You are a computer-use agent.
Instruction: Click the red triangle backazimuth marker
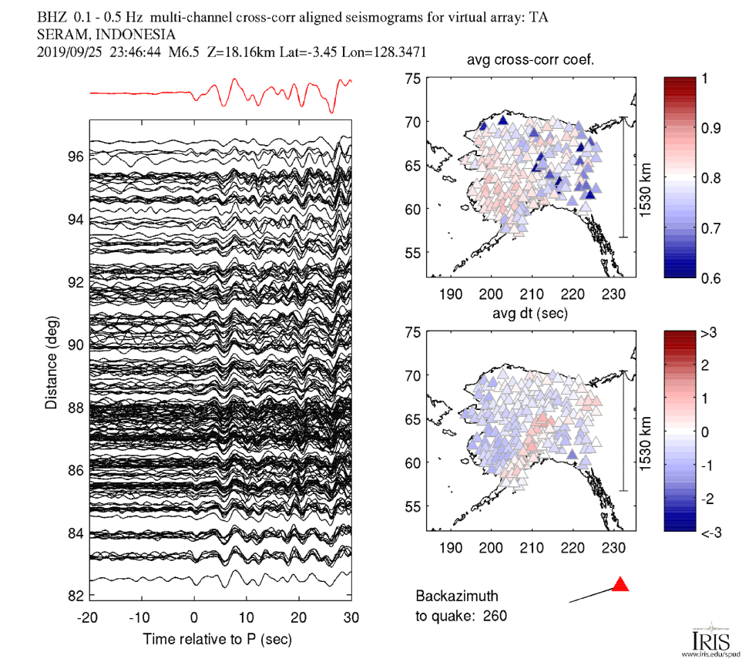click(620, 584)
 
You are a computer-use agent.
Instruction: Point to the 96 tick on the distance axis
click(74, 156)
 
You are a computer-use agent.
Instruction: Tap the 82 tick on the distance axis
click(74, 596)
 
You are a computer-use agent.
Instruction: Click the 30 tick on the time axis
click(351, 617)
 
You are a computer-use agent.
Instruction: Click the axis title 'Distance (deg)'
click(51, 360)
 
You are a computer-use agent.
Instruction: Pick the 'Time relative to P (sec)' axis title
click(217, 640)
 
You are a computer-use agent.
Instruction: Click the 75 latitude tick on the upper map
click(415, 79)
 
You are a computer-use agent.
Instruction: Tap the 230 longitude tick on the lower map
click(613, 548)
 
